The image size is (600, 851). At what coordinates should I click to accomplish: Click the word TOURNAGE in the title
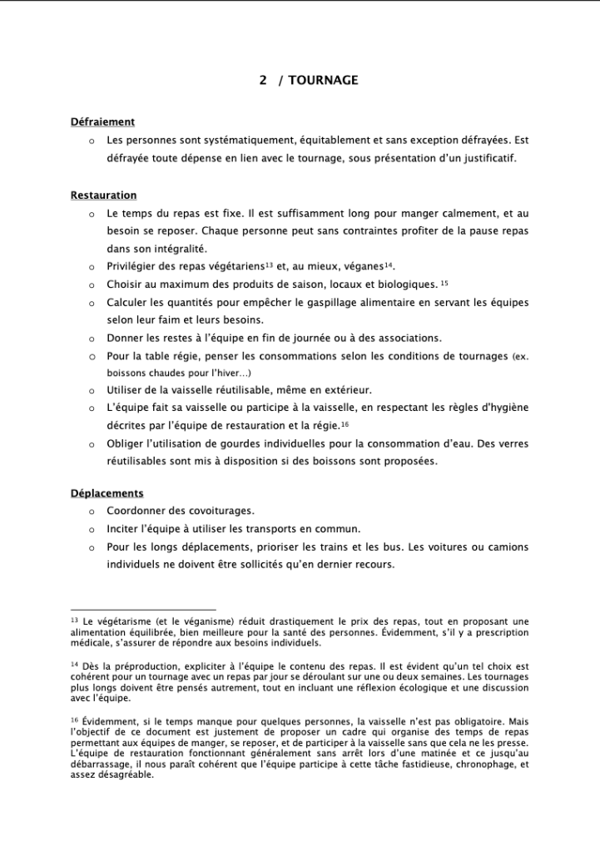324,81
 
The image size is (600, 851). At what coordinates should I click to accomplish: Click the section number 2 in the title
263,81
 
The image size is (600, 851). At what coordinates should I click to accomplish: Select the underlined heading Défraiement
102,122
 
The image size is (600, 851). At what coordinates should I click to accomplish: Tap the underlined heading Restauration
103,195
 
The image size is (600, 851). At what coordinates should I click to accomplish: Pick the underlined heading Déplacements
107,493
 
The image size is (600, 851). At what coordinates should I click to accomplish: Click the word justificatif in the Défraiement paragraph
486,158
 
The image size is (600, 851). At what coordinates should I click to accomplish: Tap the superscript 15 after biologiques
444,282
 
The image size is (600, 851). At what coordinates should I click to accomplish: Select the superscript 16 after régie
345,423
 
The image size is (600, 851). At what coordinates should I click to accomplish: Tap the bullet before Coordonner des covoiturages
91,512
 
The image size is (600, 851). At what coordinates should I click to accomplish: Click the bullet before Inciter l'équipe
91,529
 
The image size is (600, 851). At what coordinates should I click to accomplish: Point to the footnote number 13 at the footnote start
74,621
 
